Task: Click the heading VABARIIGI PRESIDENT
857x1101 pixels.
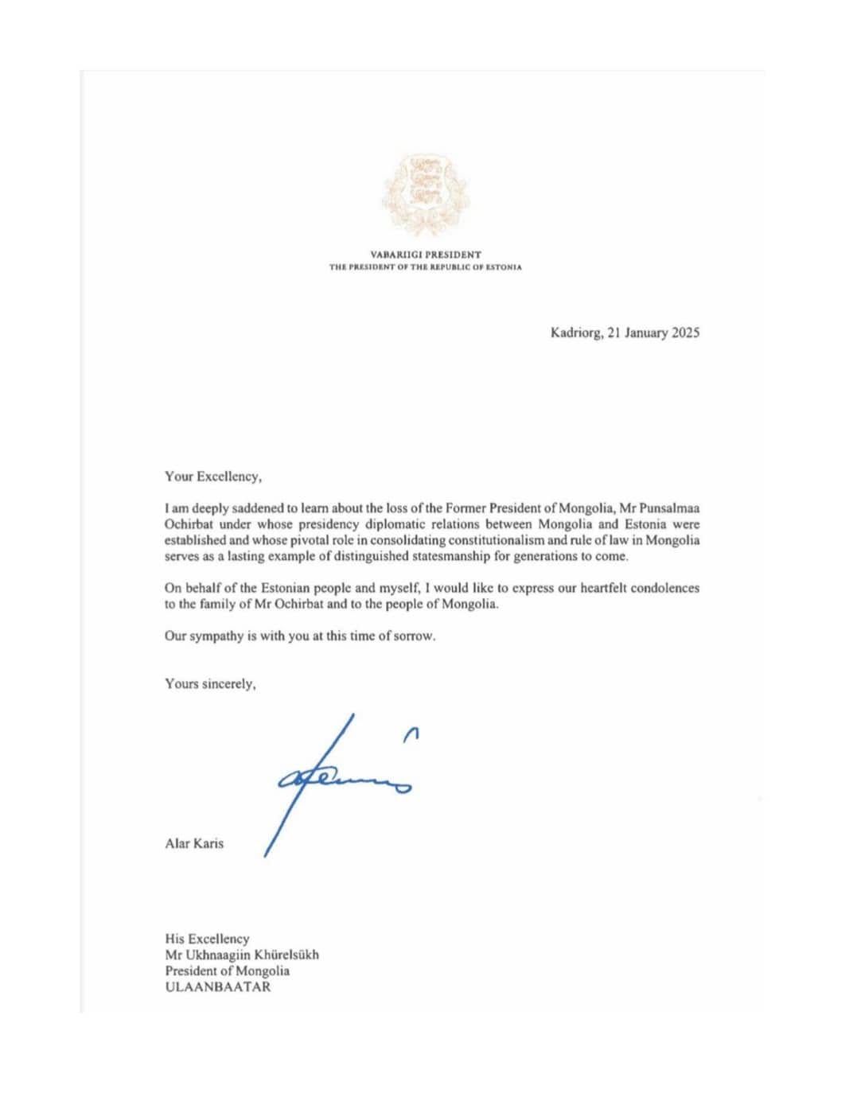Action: click(x=426, y=255)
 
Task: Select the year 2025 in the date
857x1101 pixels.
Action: click(x=685, y=333)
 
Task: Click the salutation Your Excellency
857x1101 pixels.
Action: click(x=212, y=477)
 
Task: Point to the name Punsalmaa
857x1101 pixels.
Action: click(x=671, y=508)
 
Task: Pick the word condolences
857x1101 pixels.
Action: click(x=665, y=588)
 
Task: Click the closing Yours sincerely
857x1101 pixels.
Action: click(x=210, y=683)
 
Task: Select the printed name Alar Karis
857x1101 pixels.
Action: click(x=194, y=843)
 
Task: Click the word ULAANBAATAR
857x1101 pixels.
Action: click(x=217, y=987)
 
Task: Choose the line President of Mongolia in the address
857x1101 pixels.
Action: click(x=227, y=971)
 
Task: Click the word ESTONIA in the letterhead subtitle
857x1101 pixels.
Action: click(x=503, y=267)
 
